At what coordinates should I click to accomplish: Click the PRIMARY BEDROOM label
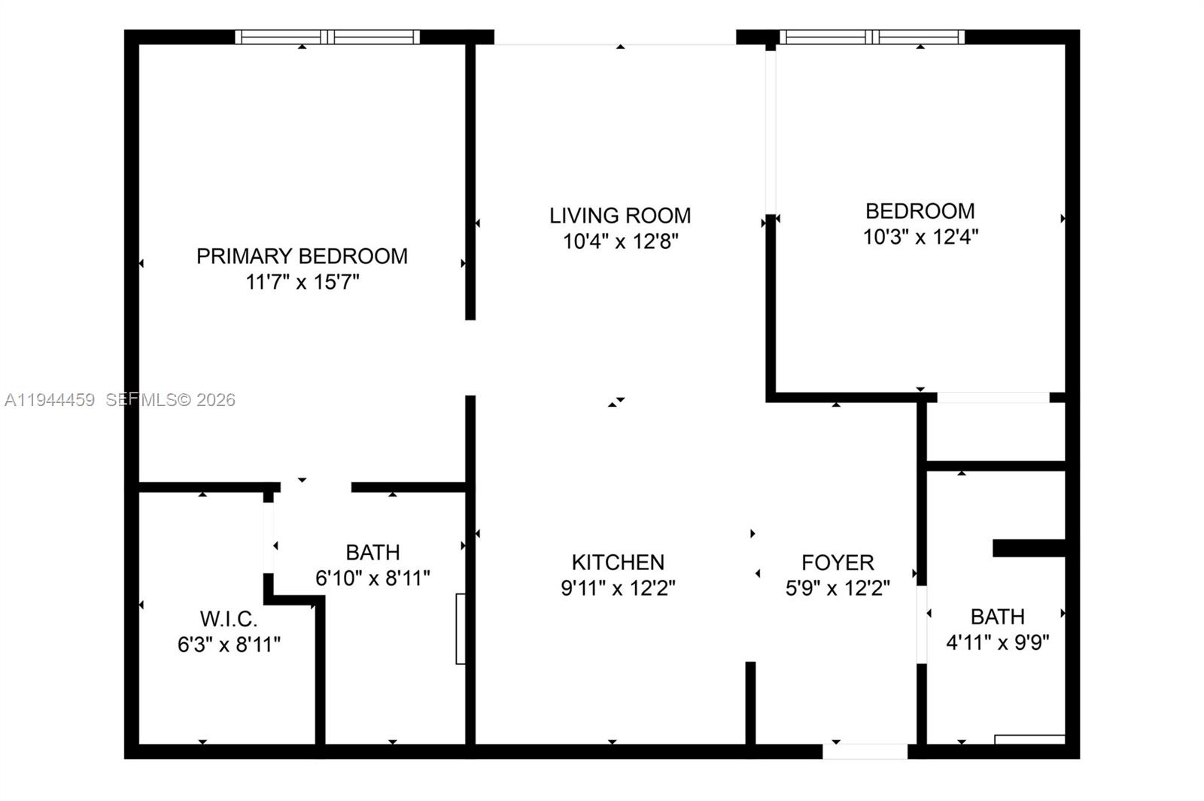302,256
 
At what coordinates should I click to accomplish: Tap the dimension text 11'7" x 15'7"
302,282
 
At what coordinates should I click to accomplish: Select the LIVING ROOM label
619,216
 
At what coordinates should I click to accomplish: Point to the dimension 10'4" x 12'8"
621,241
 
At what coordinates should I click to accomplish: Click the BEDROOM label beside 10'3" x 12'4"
920,211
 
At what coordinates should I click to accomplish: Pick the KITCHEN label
618,562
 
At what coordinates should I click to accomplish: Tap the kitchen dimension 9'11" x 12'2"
618,587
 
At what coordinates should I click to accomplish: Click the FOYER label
838,562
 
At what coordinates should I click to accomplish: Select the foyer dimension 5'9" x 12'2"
838,587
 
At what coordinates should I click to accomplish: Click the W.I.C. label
229,619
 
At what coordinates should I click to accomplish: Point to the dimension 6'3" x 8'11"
229,645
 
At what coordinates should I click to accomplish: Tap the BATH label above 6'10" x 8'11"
372,552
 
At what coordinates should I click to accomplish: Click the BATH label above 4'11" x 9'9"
997,617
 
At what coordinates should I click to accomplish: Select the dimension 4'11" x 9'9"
997,642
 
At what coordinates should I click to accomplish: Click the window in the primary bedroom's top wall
327,37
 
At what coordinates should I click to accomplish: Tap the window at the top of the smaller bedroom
871,37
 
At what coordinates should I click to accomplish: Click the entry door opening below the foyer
865,751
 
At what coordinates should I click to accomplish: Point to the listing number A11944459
50,400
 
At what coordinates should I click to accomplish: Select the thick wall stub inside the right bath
1029,548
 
